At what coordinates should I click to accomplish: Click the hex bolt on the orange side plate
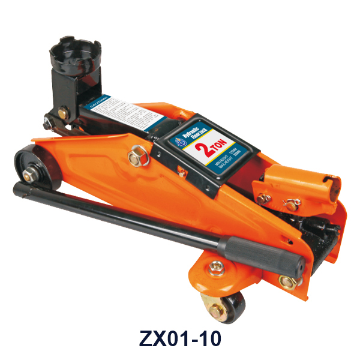(x=136, y=158)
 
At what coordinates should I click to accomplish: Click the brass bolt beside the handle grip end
(x=289, y=280)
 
